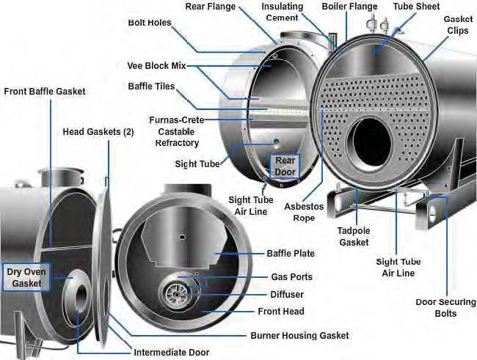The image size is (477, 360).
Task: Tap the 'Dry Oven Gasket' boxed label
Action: pyautogui.click(x=25, y=277)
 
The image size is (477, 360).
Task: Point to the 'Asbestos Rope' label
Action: pyautogui.click(x=304, y=212)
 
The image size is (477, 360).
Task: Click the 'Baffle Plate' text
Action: pyautogui.click(x=291, y=254)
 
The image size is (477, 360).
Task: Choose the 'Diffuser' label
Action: pyautogui.click(x=287, y=294)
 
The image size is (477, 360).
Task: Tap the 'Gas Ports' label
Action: pyautogui.click(x=291, y=277)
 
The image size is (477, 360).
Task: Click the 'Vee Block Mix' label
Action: pyautogui.click(x=157, y=65)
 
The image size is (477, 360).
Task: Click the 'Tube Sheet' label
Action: pyautogui.click(x=416, y=7)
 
